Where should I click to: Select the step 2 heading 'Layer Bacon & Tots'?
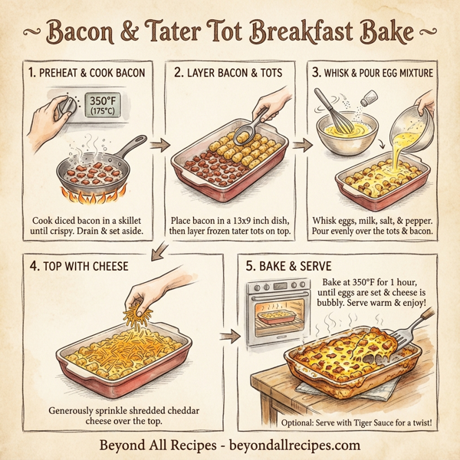point(229,74)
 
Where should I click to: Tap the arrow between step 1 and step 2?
point(159,144)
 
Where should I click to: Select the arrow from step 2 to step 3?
point(305,144)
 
